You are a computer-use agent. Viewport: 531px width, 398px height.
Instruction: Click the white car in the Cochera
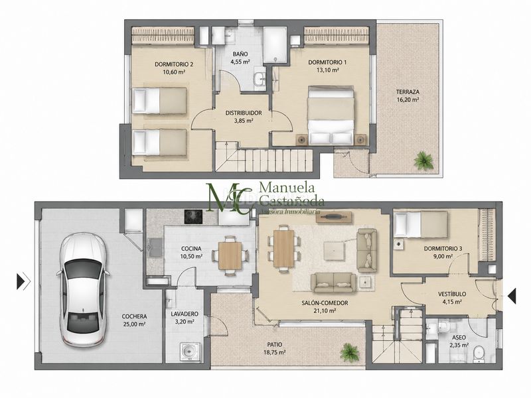tap(84, 290)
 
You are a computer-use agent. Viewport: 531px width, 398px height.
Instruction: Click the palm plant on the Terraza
tap(423, 160)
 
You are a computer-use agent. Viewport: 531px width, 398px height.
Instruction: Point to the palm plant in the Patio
tap(350, 352)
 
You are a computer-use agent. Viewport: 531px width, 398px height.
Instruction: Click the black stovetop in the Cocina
tap(193, 217)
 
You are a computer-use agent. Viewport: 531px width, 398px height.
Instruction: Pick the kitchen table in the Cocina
tap(230, 255)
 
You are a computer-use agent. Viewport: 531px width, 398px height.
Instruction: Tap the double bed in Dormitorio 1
tap(331, 115)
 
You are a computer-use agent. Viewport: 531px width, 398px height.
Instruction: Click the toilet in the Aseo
tap(479, 354)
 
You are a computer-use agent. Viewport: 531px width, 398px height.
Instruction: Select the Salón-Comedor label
tap(320, 303)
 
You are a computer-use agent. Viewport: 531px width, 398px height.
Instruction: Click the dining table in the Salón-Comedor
tap(284, 248)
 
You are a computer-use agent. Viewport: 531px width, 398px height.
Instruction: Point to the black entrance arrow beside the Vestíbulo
tap(512, 295)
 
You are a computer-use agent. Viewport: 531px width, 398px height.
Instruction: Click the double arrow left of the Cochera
tap(23, 281)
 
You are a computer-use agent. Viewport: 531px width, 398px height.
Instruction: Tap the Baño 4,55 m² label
tap(240, 58)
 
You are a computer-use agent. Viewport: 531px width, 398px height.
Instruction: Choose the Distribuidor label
tap(244, 113)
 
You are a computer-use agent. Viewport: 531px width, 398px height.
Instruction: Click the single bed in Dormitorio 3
tap(421, 224)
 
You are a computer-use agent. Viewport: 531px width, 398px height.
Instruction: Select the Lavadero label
tap(185, 314)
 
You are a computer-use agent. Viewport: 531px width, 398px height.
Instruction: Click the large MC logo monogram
tap(229, 198)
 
